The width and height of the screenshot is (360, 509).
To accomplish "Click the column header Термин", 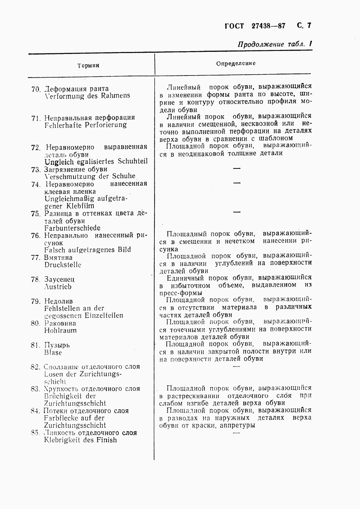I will coord(88,65).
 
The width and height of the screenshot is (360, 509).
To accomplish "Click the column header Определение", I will coord(236,63).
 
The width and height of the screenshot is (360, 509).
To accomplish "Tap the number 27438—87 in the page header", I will coord(268,26).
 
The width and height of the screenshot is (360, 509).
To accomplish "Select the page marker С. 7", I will coord(304,25).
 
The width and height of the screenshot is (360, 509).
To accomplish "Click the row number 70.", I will coord(36,89).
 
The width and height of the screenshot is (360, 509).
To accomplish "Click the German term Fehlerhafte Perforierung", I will coord(86,125).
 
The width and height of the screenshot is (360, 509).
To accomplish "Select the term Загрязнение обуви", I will coord(76,169).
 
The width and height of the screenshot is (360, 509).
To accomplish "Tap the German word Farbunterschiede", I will coord(72,228).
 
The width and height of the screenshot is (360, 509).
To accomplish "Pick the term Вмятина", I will coord(58,257).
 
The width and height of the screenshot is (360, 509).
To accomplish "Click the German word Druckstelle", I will coord(62,265).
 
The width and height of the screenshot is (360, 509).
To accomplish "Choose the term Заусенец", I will coord(59,279).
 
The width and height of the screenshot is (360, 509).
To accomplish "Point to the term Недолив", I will coord(59,301).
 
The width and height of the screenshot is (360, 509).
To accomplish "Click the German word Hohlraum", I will coord(60,330).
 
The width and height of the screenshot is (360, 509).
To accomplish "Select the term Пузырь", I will coord(57,345).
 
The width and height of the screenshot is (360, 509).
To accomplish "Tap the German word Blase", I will coord(53,352).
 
